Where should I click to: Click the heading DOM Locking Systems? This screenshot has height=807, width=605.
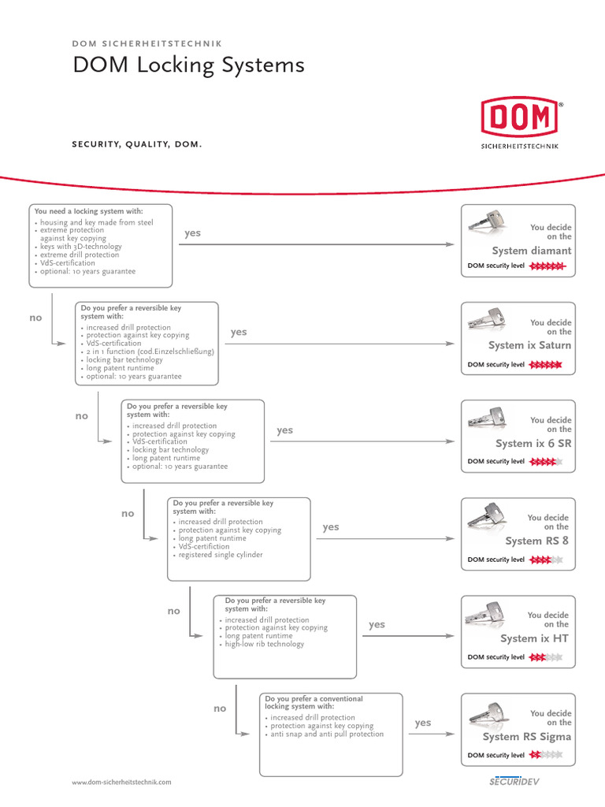[188, 65]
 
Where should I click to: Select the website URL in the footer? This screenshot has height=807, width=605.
[121, 782]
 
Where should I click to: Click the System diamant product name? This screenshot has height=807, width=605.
[532, 251]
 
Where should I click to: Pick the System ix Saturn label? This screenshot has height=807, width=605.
[529, 345]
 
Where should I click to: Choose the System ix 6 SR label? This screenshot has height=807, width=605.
[533, 444]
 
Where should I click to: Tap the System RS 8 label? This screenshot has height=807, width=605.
[536, 541]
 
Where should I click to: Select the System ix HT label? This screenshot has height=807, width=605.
[534, 638]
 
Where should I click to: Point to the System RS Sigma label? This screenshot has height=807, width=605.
[527, 737]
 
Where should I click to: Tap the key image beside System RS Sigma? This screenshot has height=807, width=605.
[490, 712]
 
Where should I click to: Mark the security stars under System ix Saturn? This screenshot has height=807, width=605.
[545, 365]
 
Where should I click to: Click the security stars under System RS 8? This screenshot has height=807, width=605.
[546, 560]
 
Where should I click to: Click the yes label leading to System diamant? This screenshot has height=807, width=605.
[193, 233]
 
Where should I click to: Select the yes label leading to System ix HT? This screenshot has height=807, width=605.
[377, 624]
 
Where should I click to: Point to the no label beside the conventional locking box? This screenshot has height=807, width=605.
[220, 708]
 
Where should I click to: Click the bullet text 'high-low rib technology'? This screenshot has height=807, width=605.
[264, 644]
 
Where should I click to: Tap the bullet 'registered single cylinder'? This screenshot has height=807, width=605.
[221, 555]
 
